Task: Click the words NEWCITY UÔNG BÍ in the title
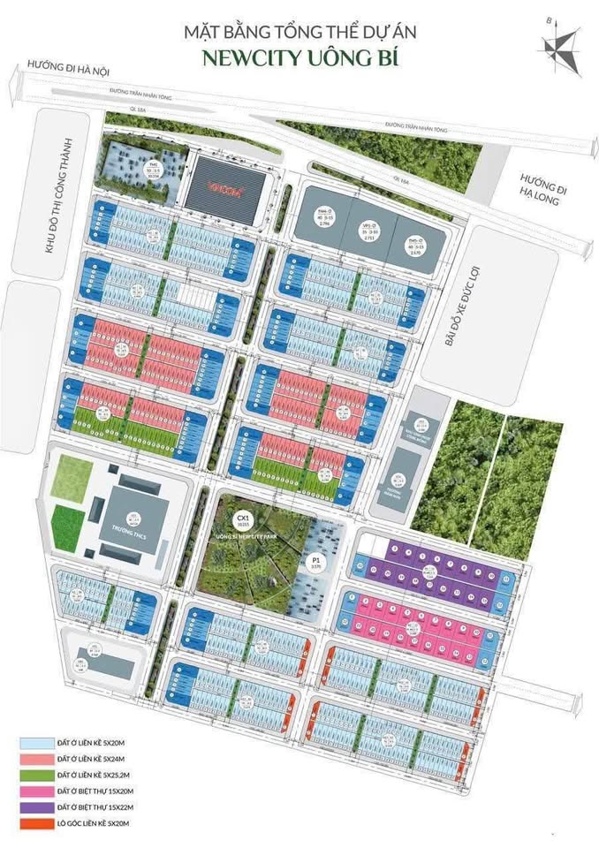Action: click(299, 60)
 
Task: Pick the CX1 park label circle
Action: click(240, 519)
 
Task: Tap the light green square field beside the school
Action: click(72, 478)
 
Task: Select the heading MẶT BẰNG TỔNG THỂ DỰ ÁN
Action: click(299, 33)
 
